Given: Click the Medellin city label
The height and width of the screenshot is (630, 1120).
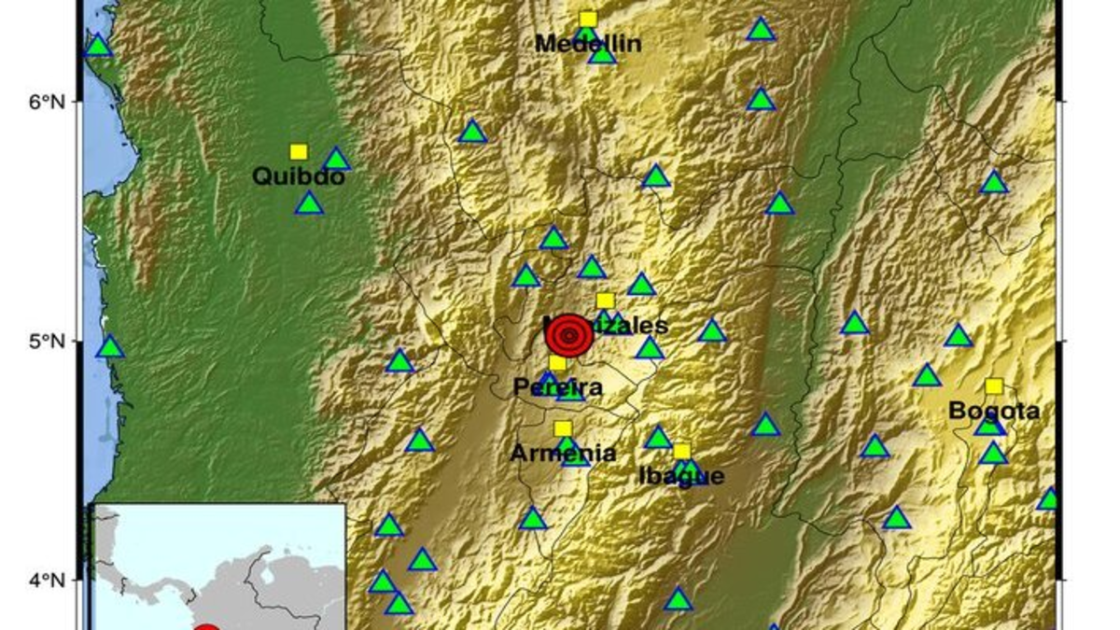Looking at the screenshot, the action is coord(588,43).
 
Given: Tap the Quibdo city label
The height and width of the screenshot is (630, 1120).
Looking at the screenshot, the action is coord(299,175).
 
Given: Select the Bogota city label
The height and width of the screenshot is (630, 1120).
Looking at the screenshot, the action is coord(994,411).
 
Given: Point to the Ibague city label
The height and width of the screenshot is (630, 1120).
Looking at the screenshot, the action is coord(681,476).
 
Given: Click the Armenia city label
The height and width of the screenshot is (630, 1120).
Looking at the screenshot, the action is coord(563,454).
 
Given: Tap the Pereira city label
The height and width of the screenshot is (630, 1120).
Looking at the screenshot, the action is coord(558,386).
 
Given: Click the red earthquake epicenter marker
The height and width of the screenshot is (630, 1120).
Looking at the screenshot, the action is coord(569,335).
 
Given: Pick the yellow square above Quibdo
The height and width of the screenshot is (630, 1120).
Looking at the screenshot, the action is coord(299,151).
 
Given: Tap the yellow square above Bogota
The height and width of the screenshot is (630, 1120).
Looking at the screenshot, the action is coord(994,386).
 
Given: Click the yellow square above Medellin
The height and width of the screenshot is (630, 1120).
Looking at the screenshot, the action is coord(588,19).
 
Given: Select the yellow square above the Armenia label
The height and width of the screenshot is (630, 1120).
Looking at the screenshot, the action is coord(563,428).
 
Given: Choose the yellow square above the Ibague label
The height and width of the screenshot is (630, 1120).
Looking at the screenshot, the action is coord(681,452).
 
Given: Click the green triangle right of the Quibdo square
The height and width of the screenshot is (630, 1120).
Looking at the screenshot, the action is coord(336,160).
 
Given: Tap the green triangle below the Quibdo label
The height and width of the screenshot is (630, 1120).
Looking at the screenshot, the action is coord(309,204).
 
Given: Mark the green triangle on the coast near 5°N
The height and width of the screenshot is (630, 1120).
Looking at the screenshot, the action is coord(110,347).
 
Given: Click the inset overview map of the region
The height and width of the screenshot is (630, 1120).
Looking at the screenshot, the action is coord(218,567).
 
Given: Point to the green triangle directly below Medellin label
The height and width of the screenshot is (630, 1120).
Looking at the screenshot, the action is coord(603,54).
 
